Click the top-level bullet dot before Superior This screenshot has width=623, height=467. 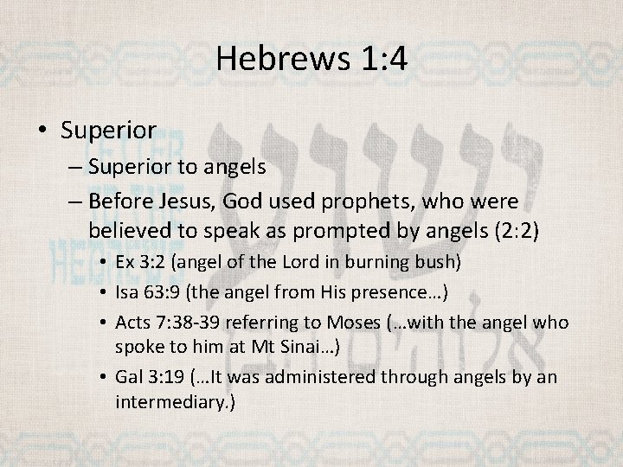click(x=44, y=131)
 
